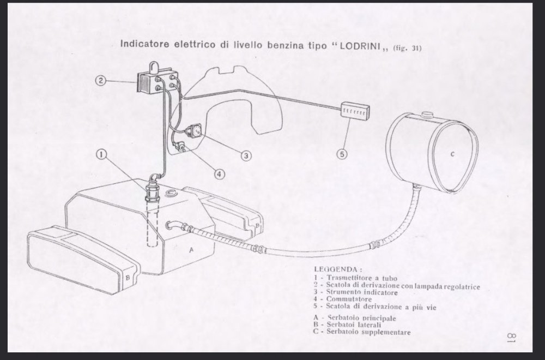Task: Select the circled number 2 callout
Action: [100, 81]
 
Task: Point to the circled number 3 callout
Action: [246, 155]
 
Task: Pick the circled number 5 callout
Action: [342, 154]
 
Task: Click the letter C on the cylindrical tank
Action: [452, 154]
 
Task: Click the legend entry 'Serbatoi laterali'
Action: [354, 325]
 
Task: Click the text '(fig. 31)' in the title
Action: [407, 47]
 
